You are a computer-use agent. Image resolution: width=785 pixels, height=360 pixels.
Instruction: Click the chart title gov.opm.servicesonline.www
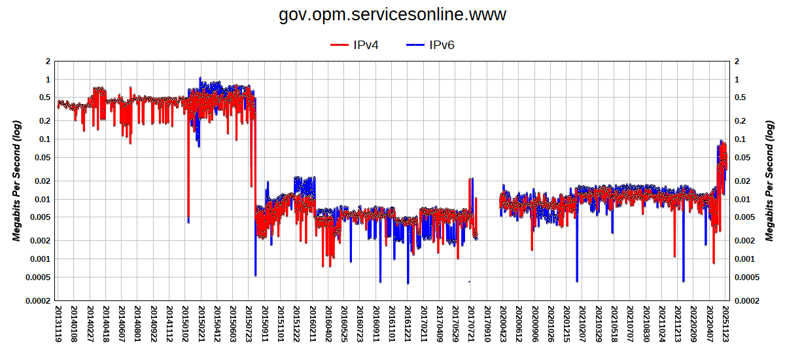(392, 14)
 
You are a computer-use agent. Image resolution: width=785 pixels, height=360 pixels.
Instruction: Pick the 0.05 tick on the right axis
(743, 158)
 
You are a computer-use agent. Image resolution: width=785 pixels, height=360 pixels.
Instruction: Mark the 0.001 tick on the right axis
(745, 259)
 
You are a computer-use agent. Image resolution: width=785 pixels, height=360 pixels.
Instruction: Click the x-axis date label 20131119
(58, 326)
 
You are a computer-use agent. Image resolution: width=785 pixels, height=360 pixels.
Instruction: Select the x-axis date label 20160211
(312, 326)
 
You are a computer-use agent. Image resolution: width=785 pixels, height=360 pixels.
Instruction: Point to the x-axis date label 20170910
(486, 326)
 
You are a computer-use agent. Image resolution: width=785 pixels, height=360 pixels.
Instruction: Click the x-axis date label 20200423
(502, 326)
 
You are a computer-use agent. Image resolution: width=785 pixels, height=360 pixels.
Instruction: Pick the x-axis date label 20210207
(582, 326)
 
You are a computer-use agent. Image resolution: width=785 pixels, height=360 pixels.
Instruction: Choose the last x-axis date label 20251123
(725, 326)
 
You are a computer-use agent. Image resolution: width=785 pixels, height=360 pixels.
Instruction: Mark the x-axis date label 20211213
(677, 326)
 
